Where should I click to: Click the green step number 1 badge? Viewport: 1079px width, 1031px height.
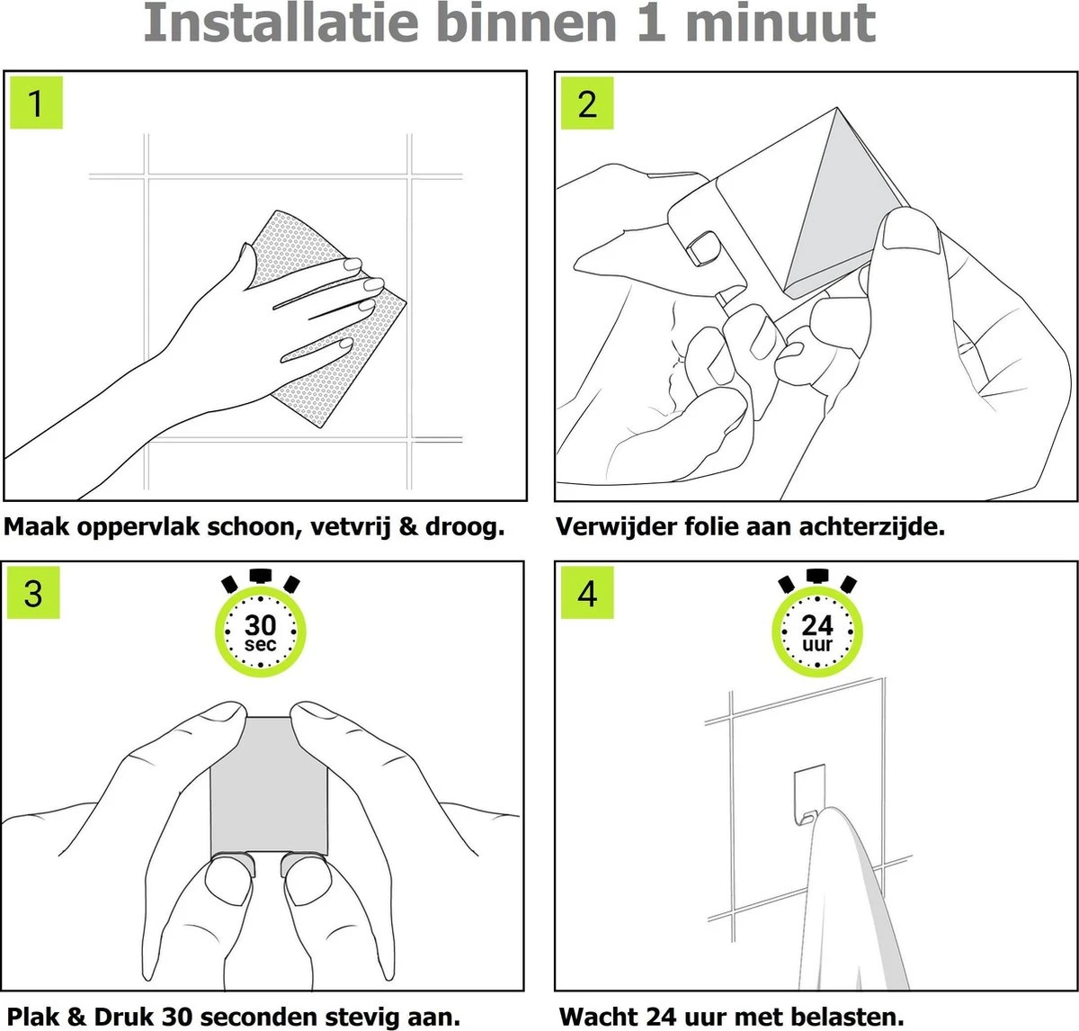coord(36,103)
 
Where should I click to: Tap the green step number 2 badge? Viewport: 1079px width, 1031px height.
coord(587,103)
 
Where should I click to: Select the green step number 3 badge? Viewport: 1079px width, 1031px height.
coord(33,593)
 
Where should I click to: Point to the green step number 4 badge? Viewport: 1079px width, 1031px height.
coord(587,593)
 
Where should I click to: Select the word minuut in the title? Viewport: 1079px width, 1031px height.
coord(780,23)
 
